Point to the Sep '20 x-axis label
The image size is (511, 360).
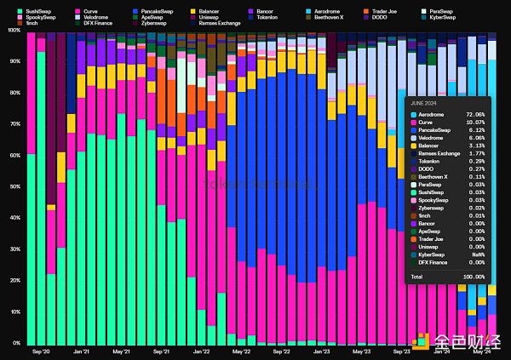(42, 351)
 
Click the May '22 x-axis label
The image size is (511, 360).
(241, 351)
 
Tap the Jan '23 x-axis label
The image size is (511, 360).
(321, 351)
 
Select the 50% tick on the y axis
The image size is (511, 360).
(14, 186)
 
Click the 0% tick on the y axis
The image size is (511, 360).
(16, 343)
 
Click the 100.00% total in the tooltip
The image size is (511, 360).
(474, 277)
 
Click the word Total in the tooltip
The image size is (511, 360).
(417, 277)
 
